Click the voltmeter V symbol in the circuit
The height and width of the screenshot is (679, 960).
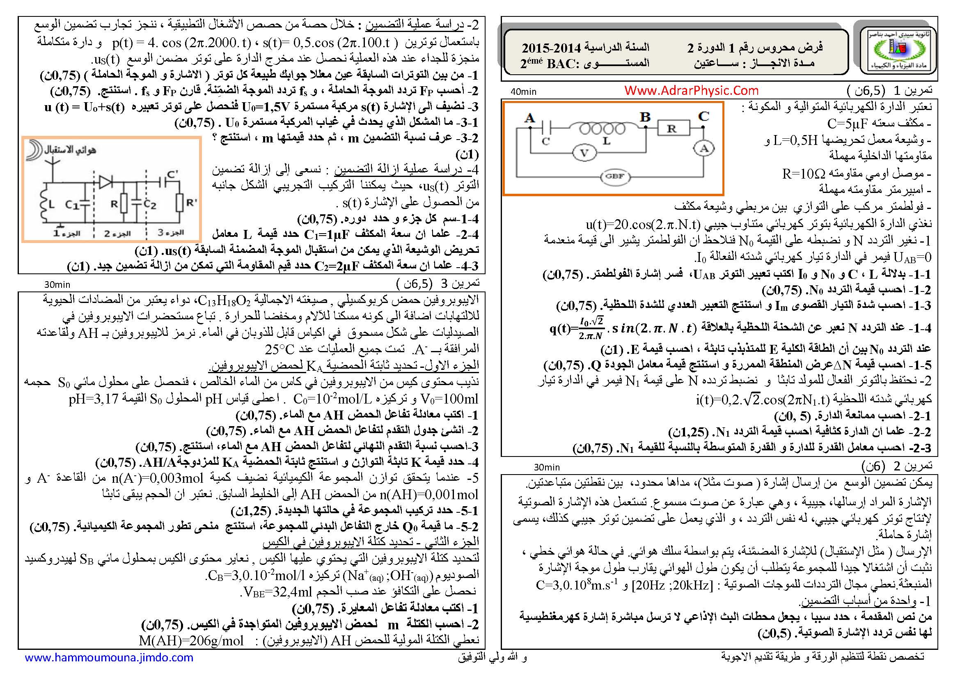pos(584,153)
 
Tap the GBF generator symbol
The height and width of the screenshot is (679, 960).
pos(614,176)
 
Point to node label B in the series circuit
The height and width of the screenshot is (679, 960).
pos(645,117)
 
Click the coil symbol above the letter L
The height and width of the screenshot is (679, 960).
pos(602,128)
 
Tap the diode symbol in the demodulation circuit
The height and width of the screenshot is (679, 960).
pos(105,182)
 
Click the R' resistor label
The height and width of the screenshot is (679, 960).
pos(191,203)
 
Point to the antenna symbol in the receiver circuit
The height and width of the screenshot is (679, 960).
pos(53,165)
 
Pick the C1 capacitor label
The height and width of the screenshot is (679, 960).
pos(72,204)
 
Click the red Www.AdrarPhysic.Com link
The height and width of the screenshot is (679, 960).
pos(691,90)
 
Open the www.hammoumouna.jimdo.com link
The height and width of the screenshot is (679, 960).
pos(109,657)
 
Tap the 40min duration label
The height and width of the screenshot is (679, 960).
pos(523,92)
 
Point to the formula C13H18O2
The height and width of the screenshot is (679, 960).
pos(224,301)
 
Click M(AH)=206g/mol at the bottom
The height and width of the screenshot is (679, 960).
pos(191,640)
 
